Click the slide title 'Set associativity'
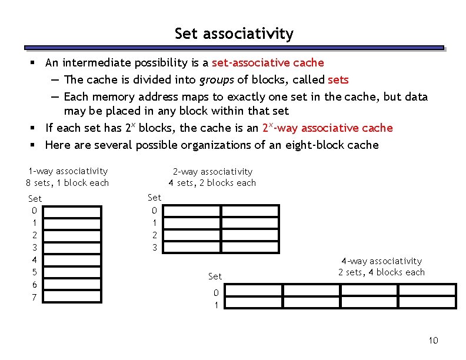click(234, 34)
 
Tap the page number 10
click(434, 341)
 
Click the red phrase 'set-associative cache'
click(268, 62)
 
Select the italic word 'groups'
click(217, 79)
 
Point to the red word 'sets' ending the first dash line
click(338, 79)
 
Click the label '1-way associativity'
click(68, 171)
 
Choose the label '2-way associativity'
click(212, 172)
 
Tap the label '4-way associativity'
click(381, 261)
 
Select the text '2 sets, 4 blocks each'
click(381, 272)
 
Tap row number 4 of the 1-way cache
click(34, 260)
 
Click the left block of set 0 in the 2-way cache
click(192, 211)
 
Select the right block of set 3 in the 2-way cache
click(249, 248)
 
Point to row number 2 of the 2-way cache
click(154, 235)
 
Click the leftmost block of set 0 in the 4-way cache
click(253, 290)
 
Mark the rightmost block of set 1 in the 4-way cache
click(427, 302)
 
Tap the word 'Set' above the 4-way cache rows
click(215, 276)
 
